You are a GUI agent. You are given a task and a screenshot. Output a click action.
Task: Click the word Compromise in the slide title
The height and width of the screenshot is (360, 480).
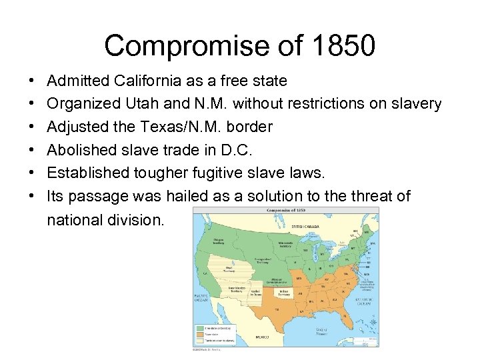coord(180,46)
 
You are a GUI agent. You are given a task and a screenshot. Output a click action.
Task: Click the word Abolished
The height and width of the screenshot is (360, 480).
coord(79,150)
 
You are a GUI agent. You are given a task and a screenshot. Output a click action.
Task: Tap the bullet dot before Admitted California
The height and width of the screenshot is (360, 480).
coord(32,81)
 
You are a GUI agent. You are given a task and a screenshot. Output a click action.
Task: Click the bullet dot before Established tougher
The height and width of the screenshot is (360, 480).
coord(32,173)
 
